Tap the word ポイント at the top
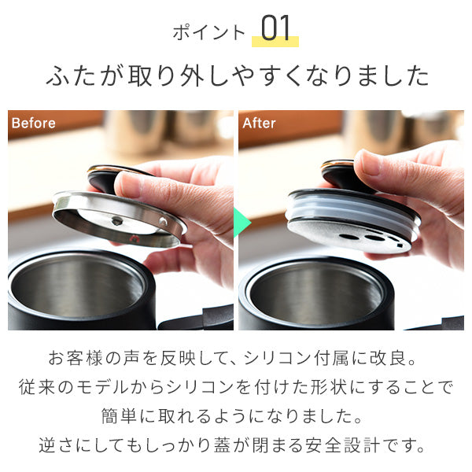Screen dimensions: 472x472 pos(208,32)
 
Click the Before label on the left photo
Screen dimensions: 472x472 pos(33,124)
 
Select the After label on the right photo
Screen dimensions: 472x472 pos(259,124)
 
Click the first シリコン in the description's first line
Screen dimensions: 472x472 pos(281,361)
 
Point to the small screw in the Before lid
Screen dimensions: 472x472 pos(117,222)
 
